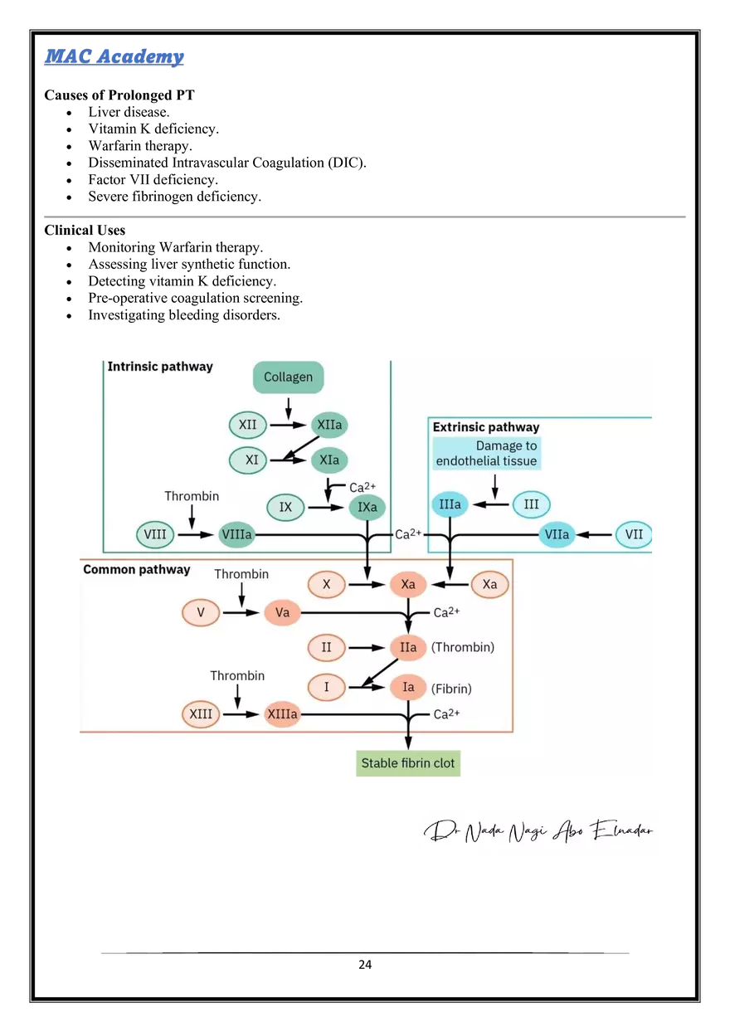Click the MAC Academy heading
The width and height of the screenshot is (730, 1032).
pyautogui.click(x=114, y=56)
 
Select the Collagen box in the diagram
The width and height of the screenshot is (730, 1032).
pyautogui.click(x=289, y=377)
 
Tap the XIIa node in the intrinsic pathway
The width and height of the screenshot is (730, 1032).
pyautogui.click(x=329, y=424)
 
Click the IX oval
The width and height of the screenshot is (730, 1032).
pyautogui.click(x=285, y=507)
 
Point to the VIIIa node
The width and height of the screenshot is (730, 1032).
pyautogui.click(x=236, y=534)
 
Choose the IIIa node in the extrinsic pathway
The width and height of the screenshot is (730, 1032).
pyautogui.click(x=450, y=504)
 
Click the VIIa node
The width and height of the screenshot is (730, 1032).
pyautogui.click(x=557, y=534)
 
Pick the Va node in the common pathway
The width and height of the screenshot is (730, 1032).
pyautogui.click(x=282, y=612)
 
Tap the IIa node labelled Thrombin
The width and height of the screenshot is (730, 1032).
pyautogui.click(x=408, y=647)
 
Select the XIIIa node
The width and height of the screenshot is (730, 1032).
pyautogui.click(x=282, y=714)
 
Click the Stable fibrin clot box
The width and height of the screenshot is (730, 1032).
pyautogui.click(x=408, y=763)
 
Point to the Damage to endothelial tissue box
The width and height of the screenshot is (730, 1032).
pyautogui.click(x=486, y=453)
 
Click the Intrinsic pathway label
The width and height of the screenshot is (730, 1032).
pyautogui.click(x=160, y=367)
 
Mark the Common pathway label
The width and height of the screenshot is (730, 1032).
pyautogui.click(x=137, y=570)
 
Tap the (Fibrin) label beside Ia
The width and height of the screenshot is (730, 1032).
pyautogui.click(x=451, y=689)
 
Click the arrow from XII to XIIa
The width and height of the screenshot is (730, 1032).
pyautogui.click(x=289, y=425)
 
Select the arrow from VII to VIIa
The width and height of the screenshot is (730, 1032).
pyautogui.click(x=594, y=534)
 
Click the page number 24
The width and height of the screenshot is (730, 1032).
pyautogui.click(x=365, y=965)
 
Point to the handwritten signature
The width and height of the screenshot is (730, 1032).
pyautogui.click(x=538, y=831)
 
